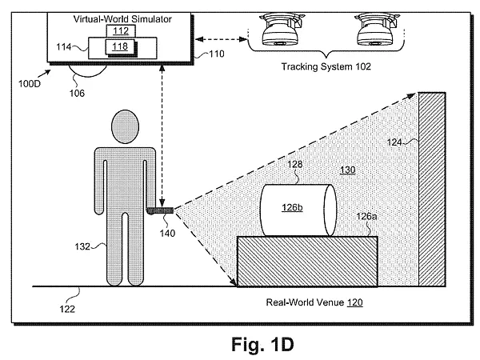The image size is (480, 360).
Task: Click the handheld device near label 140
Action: [x=160, y=210]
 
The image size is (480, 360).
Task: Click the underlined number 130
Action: [x=348, y=170]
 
